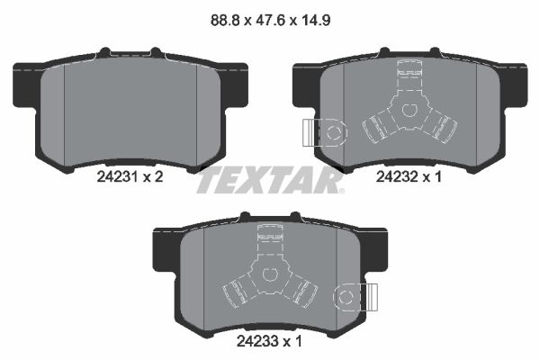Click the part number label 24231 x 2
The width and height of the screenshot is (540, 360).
[129, 178]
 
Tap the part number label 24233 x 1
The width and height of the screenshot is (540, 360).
[269, 343]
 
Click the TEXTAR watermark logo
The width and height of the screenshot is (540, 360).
[269, 180]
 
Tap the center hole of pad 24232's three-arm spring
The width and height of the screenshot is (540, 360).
[407, 111]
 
